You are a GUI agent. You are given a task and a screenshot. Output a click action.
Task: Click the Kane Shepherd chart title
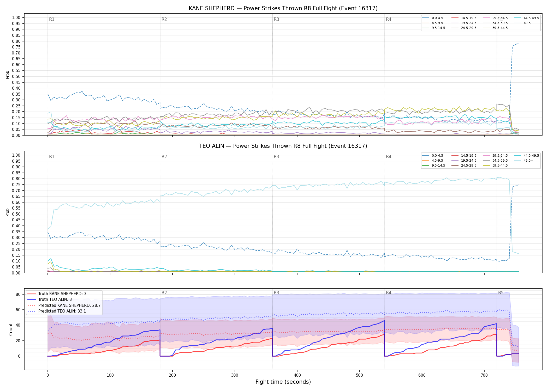[283, 8]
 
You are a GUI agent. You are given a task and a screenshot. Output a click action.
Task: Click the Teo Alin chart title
[283, 146]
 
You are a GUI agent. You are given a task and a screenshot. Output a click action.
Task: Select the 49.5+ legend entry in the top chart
[524, 23]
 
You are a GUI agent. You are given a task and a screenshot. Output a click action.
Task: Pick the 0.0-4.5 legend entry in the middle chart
[433, 156]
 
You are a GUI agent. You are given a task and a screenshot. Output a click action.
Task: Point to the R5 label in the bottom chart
[501, 293]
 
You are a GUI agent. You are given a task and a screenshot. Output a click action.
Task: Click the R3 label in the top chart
[276, 19]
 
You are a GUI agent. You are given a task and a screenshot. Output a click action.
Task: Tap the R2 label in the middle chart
[164, 157]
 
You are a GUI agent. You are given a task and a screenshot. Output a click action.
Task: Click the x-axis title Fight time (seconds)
[283, 382]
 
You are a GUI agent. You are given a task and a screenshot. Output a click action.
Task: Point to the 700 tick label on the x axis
[484, 375]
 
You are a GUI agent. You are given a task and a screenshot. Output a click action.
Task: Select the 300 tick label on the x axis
[235, 375]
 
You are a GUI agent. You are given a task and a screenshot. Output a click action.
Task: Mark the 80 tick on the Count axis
[18, 294]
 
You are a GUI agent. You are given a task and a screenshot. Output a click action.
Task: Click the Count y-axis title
[11, 329]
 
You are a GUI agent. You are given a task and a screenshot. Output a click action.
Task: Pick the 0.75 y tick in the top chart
[16, 47]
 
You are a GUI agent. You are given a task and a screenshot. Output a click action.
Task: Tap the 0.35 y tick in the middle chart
[16, 232]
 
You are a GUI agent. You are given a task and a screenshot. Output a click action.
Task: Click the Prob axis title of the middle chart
[8, 212]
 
